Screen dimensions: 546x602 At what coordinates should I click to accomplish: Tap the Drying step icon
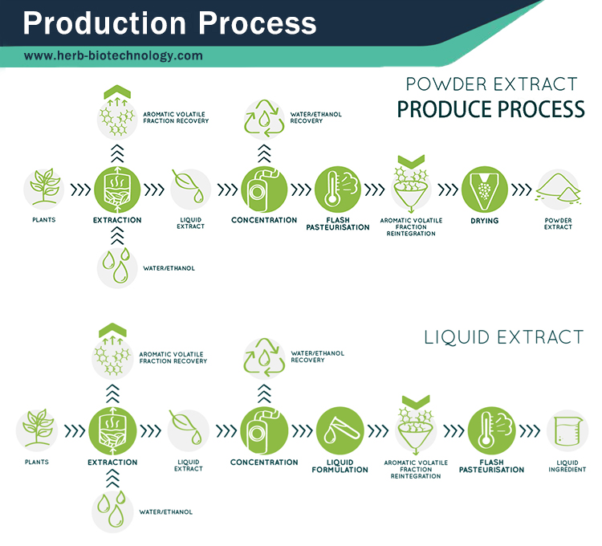(484, 189)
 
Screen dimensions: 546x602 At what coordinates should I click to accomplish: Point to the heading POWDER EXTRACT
(491, 84)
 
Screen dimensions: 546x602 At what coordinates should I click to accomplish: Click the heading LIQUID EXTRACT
(503, 336)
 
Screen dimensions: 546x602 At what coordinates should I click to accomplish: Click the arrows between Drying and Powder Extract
(522, 191)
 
